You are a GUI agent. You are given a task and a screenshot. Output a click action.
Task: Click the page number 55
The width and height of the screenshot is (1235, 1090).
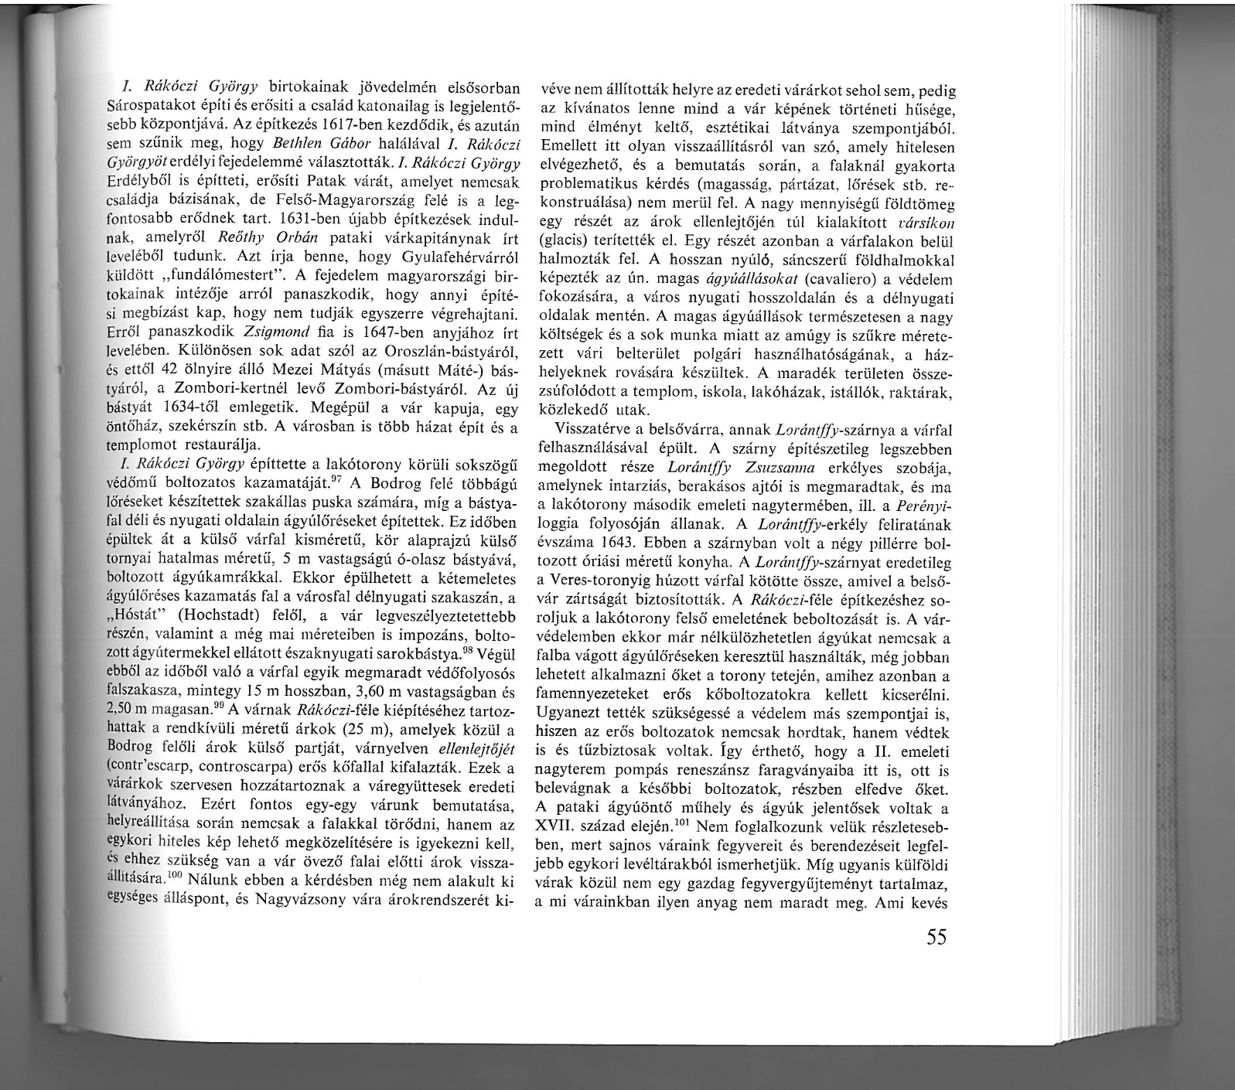tap(936, 937)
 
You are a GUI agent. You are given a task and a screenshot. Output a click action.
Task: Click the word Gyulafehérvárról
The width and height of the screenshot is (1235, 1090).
tap(453, 257)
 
